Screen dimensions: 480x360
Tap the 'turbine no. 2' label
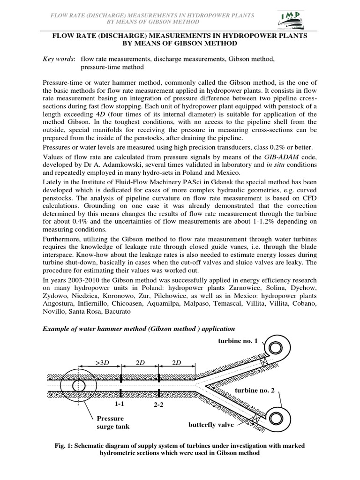254,390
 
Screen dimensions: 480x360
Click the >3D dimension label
102,363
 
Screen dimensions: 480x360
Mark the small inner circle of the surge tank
77,385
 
